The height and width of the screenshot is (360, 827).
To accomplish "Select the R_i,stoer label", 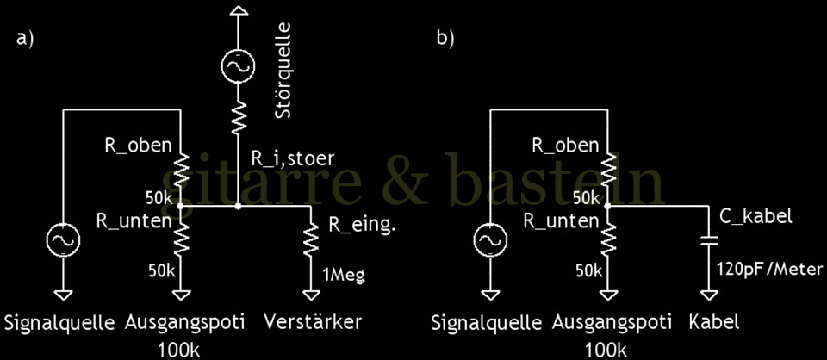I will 293,158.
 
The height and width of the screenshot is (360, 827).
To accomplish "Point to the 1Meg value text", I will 345,276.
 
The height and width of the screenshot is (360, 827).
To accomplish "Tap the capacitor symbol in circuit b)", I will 709,239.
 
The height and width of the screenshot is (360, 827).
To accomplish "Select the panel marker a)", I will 25,40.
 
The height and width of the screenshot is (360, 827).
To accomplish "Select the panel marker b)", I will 445,40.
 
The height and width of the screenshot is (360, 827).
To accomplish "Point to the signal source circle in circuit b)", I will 490,240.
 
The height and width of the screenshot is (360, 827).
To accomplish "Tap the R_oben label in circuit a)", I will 139,146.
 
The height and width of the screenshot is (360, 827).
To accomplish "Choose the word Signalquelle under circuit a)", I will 59,323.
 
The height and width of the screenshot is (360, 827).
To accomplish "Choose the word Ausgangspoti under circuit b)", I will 609,323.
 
